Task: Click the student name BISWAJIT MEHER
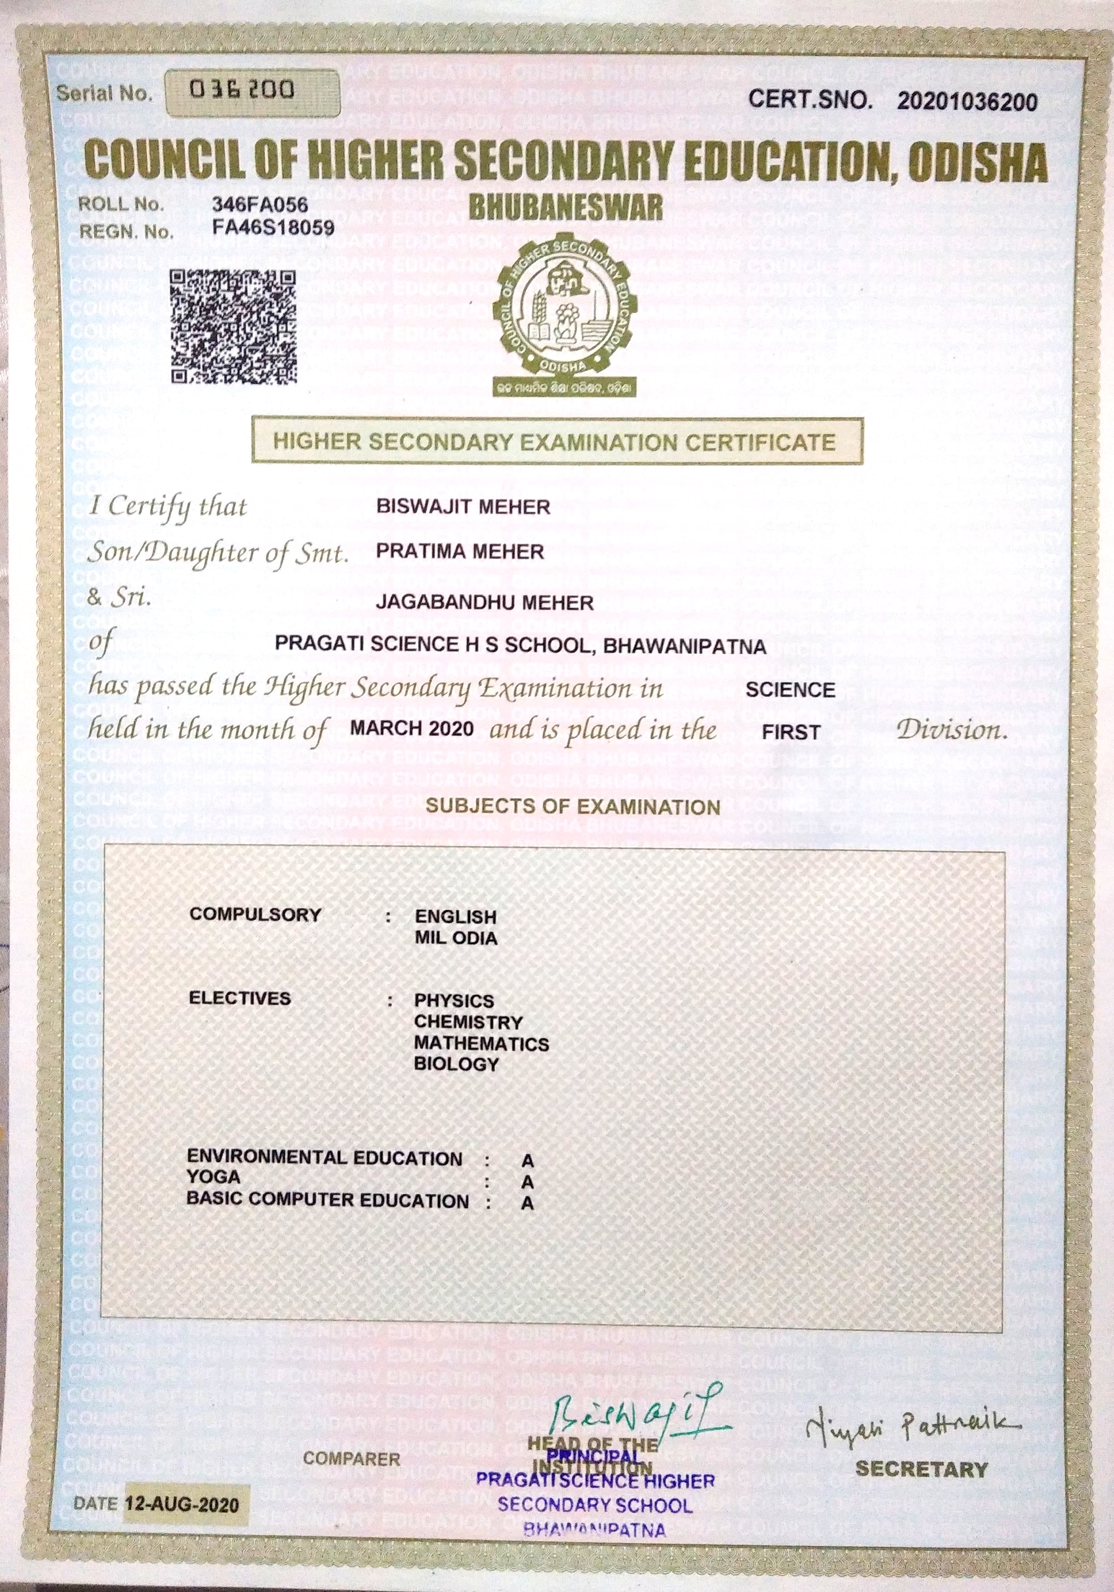point(463,507)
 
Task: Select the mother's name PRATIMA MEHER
point(460,552)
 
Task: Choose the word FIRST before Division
point(791,732)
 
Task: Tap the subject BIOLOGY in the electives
point(456,1064)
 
